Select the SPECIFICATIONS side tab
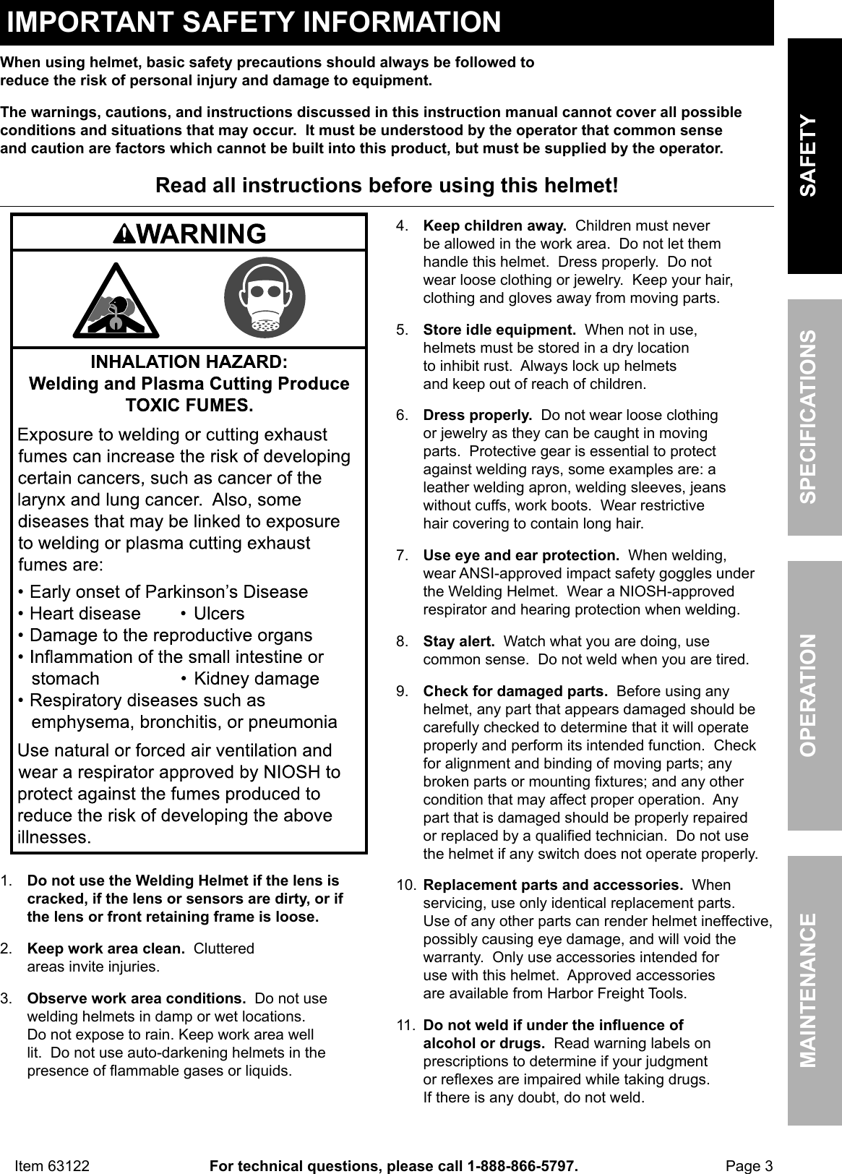click(815, 417)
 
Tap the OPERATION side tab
click(815, 695)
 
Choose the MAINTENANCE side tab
click(815, 990)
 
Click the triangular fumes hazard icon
click(116, 301)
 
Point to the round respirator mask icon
click(265, 297)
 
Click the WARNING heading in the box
click(189, 233)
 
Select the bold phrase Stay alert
click(458, 641)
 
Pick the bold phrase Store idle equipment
click(499, 330)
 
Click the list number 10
click(405, 885)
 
